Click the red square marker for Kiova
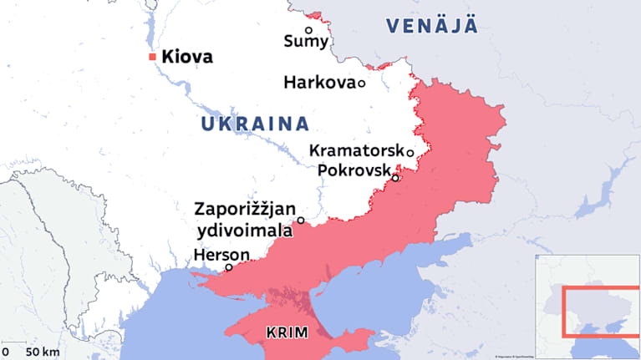(152, 57)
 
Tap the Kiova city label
(187, 57)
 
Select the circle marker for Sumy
(308, 30)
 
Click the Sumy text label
(307, 42)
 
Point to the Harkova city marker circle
(362, 83)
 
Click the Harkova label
(319, 83)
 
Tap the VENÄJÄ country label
(432, 25)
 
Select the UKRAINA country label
(255, 124)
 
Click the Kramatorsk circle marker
(410, 152)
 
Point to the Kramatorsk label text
(356, 151)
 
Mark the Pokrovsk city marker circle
(395, 177)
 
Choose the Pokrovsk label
(354, 170)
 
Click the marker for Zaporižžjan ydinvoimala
(301, 221)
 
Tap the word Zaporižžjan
(244, 210)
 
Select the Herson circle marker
(229, 268)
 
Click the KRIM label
(287, 332)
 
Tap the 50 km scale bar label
(42, 352)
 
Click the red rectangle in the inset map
(600, 310)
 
